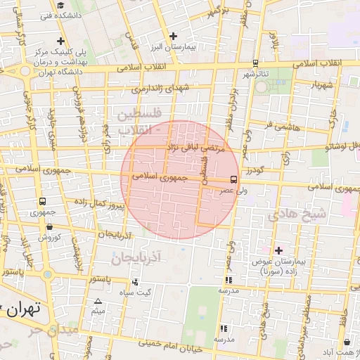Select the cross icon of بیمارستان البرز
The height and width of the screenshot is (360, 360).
coord(174,36)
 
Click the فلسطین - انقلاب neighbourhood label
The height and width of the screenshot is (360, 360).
coord(139,121)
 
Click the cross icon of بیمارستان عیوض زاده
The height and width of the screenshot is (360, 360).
coord(278,250)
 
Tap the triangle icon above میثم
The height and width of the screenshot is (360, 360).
coord(98,301)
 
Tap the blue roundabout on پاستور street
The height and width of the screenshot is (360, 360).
coord(46,274)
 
